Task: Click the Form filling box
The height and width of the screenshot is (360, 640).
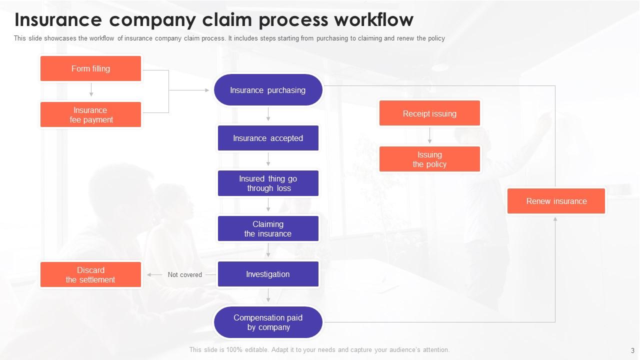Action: pyautogui.click(x=90, y=68)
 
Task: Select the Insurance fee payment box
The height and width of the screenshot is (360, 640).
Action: pyautogui.click(x=90, y=114)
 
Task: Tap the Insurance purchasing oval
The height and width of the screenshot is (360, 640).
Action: pyautogui.click(x=268, y=90)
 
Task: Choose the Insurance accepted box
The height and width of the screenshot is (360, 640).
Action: pyautogui.click(x=268, y=138)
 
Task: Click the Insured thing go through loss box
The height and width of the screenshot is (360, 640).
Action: pyautogui.click(x=268, y=183)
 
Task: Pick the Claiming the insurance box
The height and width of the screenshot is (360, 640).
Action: pyautogui.click(x=268, y=228)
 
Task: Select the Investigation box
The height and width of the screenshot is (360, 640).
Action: pyautogui.click(x=268, y=274)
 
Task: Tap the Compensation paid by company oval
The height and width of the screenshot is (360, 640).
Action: pyautogui.click(x=268, y=322)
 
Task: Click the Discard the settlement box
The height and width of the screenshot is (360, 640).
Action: pyautogui.click(x=90, y=274)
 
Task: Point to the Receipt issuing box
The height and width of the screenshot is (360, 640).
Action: pyautogui.click(x=429, y=113)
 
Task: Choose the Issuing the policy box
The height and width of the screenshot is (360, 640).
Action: pyautogui.click(x=429, y=159)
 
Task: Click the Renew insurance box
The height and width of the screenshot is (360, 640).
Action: pyautogui.click(x=556, y=201)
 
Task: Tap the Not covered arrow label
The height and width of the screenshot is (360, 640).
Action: pyautogui.click(x=185, y=274)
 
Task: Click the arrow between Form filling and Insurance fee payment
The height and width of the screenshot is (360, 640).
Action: pyautogui.click(x=91, y=90)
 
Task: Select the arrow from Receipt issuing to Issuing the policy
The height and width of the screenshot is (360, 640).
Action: pyautogui.click(x=429, y=135)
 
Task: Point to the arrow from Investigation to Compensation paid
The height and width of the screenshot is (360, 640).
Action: pyautogui.click(x=268, y=296)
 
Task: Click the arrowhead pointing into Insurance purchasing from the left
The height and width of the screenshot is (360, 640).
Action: pyautogui.click(x=206, y=90)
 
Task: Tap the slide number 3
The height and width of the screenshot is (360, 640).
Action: pyautogui.click(x=632, y=350)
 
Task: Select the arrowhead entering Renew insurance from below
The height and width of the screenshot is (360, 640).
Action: pyautogui.click(x=555, y=219)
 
